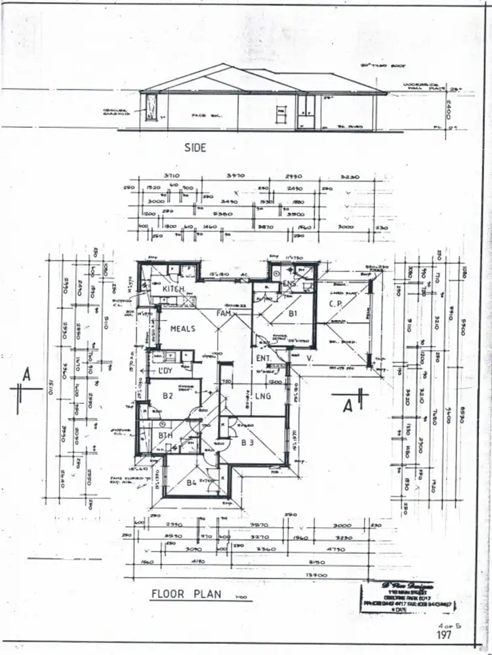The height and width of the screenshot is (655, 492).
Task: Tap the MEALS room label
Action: click(x=183, y=328)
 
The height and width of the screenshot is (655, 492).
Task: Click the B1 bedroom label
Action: click(x=293, y=314)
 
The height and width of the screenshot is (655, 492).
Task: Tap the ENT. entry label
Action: click(x=265, y=358)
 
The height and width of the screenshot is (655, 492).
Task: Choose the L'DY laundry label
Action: click(x=165, y=372)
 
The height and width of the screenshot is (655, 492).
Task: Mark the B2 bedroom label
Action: click(x=168, y=395)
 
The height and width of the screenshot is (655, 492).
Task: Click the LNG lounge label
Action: click(x=263, y=395)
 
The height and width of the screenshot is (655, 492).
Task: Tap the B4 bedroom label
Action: click(x=192, y=483)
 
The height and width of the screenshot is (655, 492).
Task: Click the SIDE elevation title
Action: click(x=196, y=148)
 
